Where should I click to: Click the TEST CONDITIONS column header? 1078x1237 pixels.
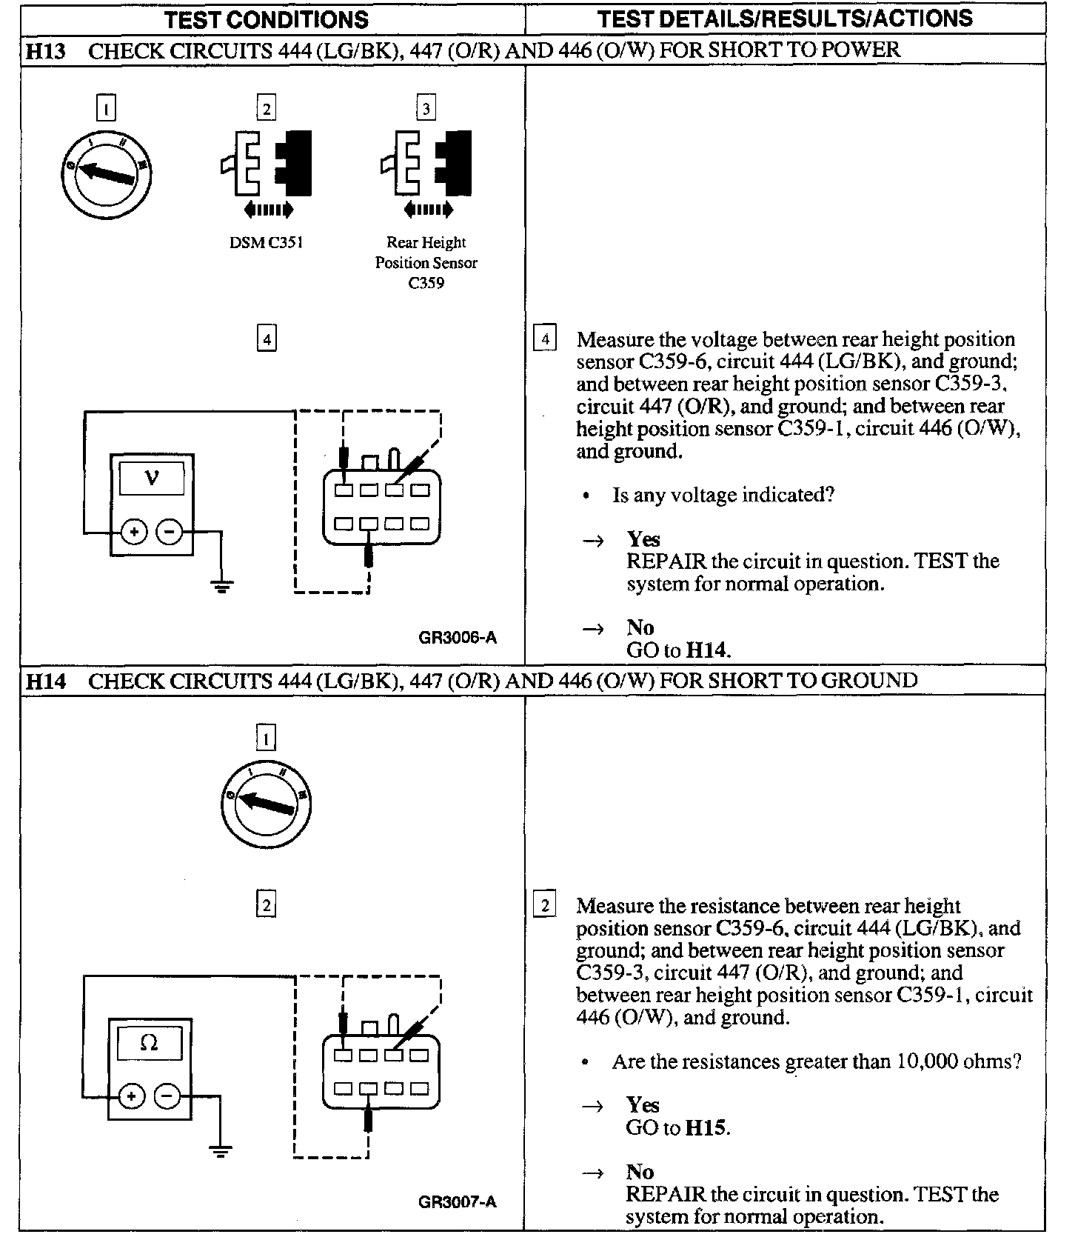(267, 19)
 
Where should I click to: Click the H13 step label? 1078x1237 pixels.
(45, 51)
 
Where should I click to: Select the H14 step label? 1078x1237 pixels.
(45, 681)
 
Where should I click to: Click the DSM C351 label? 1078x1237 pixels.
(267, 243)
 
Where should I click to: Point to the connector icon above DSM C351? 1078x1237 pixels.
(266, 164)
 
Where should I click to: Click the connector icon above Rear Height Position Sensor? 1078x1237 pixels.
(426, 164)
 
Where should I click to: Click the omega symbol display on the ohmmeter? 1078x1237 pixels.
(150, 1043)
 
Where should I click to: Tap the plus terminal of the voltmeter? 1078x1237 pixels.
(133, 532)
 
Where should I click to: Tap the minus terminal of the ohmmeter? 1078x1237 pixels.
(168, 1096)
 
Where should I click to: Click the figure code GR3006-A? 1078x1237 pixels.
(458, 637)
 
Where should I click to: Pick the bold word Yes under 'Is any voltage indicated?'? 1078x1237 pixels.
(643, 539)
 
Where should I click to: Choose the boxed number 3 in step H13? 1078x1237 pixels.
(426, 109)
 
